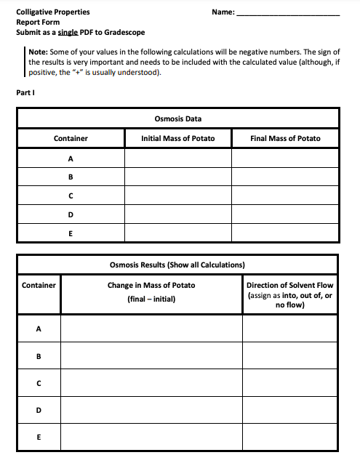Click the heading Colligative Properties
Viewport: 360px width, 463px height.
(x=48, y=12)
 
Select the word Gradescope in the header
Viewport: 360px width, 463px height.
(x=125, y=32)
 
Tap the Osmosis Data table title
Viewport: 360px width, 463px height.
(x=178, y=118)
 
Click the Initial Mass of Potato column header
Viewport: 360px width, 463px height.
(x=178, y=138)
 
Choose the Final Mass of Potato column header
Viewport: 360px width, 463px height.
(x=284, y=138)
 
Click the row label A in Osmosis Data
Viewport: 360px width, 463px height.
(x=71, y=158)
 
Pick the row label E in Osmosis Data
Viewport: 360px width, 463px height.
(x=71, y=233)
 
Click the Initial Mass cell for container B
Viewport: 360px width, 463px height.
(x=178, y=177)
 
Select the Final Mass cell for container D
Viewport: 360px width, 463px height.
(x=284, y=214)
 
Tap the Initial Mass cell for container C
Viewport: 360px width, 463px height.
(x=178, y=196)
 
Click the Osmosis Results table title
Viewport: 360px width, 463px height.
(x=177, y=265)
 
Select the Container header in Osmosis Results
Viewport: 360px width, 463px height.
(x=39, y=285)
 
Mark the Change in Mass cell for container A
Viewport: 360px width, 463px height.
(x=151, y=329)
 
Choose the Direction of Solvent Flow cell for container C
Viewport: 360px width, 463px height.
(x=289, y=383)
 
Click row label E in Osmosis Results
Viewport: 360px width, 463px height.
(x=39, y=438)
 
